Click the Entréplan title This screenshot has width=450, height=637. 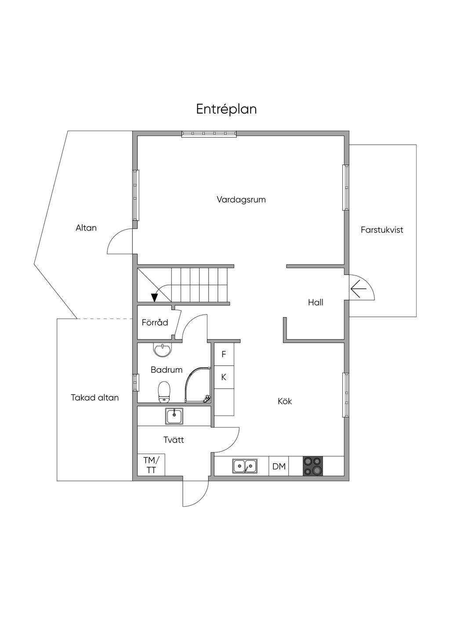click(226, 110)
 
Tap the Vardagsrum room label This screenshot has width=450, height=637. click(241, 200)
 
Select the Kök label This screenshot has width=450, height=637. click(285, 401)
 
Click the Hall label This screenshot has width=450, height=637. click(316, 302)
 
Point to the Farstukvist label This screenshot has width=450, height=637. click(382, 230)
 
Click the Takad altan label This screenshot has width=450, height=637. click(94, 398)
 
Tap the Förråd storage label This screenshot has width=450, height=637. click(155, 322)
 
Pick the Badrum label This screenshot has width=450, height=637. click(167, 370)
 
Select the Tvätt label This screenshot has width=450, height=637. click(174, 440)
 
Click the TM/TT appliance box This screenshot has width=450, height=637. click(151, 465)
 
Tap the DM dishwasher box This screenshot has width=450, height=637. click(279, 466)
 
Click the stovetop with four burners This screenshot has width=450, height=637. click(313, 466)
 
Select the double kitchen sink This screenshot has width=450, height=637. click(245, 466)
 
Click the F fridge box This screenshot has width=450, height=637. click(224, 354)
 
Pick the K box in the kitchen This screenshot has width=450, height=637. click(224, 377)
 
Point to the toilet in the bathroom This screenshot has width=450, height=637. click(164, 392)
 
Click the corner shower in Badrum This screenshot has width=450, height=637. click(198, 385)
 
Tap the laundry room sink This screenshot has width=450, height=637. click(174, 416)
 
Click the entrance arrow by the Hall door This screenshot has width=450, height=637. click(359, 289)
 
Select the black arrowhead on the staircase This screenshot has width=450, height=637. click(154, 297)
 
